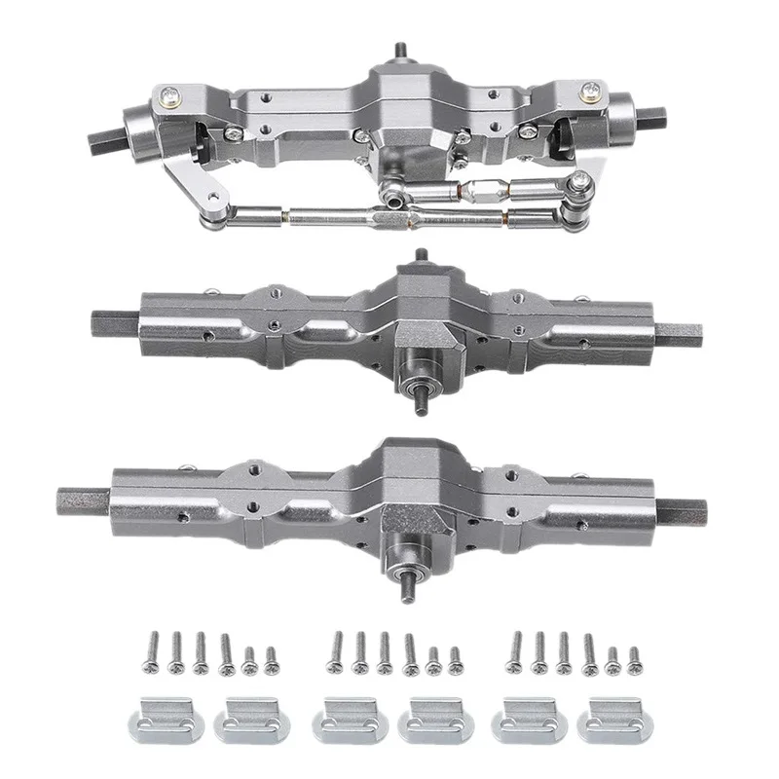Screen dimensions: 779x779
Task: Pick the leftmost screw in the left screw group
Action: click(153, 649)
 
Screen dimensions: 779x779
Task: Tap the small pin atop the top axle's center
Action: click(399, 48)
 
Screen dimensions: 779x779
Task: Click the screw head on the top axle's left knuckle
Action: click(171, 94)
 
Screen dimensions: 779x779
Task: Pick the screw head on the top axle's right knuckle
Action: click(593, 92)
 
